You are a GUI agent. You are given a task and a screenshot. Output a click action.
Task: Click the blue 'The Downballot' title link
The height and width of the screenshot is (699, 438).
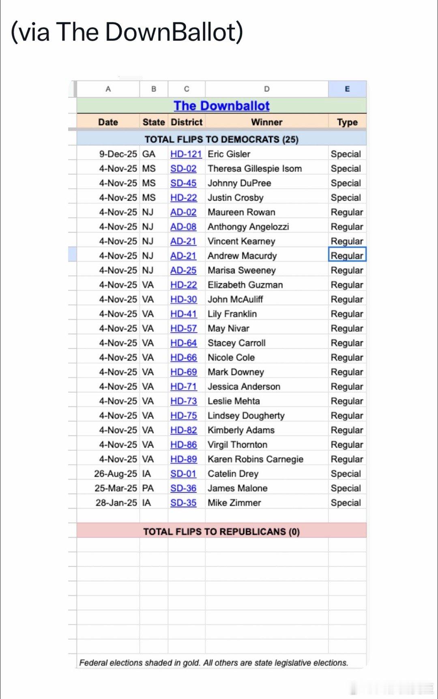point(221,106)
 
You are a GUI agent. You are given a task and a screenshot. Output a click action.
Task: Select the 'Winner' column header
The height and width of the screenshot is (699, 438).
point(266,122)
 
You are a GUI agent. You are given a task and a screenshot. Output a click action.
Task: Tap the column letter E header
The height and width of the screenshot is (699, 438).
point(347,89)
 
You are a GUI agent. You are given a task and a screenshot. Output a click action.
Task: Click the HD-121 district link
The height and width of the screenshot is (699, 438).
point(186,154)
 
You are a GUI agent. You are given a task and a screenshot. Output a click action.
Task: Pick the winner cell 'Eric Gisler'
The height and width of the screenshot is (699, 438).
point(229,154)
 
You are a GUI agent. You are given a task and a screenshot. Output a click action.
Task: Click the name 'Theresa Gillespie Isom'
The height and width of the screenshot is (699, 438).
point(255,169)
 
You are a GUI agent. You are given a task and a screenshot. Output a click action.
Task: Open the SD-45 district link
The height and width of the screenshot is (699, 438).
point(183,183)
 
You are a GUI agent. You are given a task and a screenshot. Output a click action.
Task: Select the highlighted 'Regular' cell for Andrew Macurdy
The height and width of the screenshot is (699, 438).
point(347,256)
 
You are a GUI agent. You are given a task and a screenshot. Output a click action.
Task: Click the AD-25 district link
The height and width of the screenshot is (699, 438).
point(183,271)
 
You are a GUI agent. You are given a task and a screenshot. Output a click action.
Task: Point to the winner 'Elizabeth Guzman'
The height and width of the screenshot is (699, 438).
point(245,285)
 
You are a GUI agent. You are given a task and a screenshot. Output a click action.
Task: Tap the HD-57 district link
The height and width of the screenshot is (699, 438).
point(183,329)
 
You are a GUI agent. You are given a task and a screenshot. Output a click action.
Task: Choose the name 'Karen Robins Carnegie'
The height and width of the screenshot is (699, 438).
point(255,459)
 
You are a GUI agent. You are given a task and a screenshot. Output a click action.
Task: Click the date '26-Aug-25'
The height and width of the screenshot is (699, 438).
point(116,474)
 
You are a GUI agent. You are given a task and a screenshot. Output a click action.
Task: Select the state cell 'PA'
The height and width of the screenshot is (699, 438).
point(148,488)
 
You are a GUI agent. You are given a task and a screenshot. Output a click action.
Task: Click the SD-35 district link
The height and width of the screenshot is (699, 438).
point(183,503)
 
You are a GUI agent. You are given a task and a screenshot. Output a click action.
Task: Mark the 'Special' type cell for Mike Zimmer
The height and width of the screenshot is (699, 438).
point(346,503)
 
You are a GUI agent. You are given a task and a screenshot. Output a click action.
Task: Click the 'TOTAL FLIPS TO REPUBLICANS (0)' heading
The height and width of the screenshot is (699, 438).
point(221,532)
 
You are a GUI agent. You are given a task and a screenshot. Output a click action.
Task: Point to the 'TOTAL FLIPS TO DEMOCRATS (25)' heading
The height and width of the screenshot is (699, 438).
point(221,140)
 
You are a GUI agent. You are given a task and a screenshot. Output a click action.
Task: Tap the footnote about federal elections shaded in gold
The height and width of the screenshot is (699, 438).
point(213,663)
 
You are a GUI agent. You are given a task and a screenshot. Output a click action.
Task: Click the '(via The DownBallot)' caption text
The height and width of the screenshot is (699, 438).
point(127,32)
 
